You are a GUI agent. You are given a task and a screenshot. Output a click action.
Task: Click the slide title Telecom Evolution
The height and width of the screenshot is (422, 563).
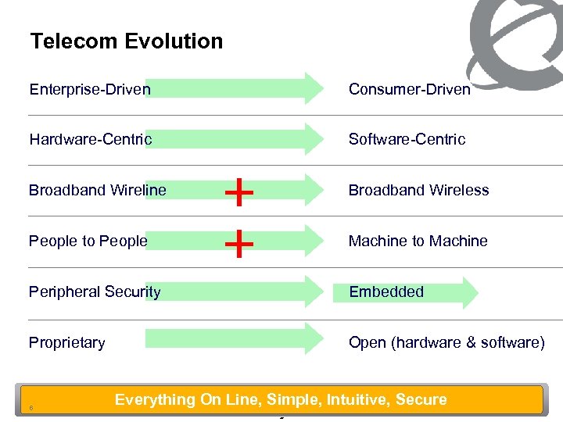click(126, 41)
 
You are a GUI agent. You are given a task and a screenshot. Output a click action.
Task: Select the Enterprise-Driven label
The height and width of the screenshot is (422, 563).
click(90, 89)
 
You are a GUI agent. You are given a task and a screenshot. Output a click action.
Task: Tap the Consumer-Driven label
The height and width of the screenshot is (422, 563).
click(409, 89)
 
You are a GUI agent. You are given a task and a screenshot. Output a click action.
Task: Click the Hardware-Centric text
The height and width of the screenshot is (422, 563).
click(91, 139)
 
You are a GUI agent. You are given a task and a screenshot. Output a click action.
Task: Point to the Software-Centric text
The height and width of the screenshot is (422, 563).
click(407, 139)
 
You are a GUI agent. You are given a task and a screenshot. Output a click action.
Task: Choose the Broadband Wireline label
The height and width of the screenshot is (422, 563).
click(98, 190)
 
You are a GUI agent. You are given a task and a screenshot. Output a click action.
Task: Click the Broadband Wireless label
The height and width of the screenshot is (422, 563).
click(418, 190)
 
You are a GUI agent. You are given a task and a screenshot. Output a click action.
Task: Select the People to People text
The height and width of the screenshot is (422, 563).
click(88, 241)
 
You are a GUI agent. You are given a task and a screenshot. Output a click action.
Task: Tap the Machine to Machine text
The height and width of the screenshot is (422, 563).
click(418, 241)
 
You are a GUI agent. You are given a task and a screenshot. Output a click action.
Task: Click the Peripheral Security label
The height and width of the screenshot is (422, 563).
click(95, 291)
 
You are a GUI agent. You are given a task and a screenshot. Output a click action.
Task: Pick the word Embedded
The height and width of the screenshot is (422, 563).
click(385, 291)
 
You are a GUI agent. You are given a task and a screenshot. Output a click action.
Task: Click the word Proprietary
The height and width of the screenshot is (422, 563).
click(66, 342)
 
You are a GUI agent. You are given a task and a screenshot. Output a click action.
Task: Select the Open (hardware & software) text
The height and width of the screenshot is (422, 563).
click(446, 342)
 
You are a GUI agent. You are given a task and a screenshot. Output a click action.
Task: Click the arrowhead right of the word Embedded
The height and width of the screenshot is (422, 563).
click(468, 292)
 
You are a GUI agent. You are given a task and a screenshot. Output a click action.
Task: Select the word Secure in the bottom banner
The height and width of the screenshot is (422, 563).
click(421, 399)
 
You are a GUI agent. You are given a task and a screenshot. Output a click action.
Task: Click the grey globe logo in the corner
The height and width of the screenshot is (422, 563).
click(516, 39)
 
